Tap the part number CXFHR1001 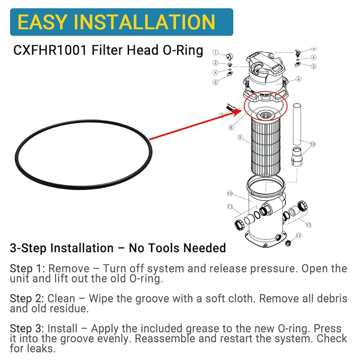50,50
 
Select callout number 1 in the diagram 215,53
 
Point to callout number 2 215,63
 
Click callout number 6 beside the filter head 298,79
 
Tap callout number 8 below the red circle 231,127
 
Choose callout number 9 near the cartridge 240,137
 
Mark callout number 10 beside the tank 230,193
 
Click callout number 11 313,144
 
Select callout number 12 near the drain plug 298,235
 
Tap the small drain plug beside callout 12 288,243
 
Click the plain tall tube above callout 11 297,125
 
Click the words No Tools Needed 177,248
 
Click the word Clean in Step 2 61,298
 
